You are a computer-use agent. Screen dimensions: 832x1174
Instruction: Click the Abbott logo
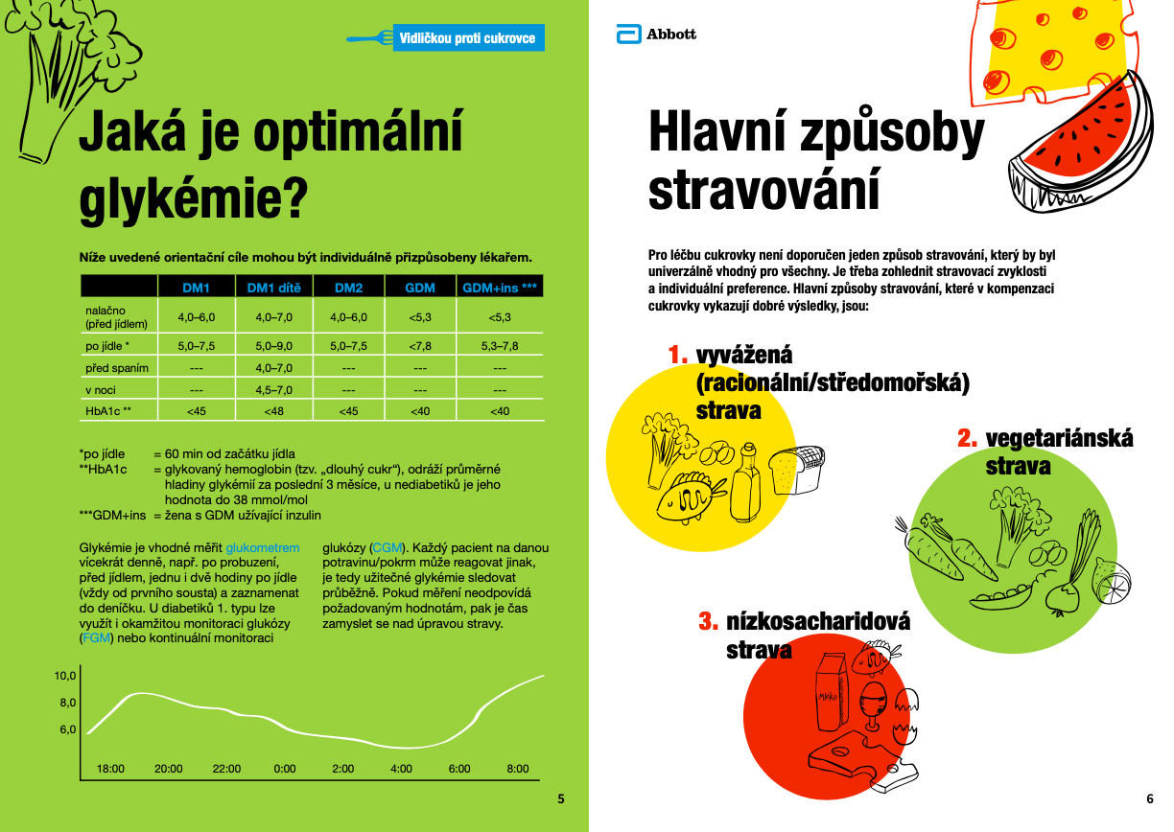coord(656,35)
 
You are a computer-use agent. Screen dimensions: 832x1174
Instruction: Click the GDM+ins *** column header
coord(500,288)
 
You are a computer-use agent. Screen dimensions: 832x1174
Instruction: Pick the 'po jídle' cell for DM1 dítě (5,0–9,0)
coord(273,346)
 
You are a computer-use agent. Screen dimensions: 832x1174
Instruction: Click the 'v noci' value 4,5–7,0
coord(273,390)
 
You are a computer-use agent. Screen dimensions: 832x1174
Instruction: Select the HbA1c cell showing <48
coord(273,411)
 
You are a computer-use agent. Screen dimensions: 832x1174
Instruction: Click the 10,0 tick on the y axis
coord(64,676)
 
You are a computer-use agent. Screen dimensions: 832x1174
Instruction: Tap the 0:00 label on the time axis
coord(285,769)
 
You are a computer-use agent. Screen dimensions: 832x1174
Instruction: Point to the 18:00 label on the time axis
coord(110,769)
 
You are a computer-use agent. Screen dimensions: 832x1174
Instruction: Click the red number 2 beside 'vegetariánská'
coord(967,439)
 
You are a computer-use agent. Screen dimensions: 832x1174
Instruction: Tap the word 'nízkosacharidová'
coord(818,621)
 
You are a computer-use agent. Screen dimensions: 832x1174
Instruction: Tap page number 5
coord(561,798)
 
